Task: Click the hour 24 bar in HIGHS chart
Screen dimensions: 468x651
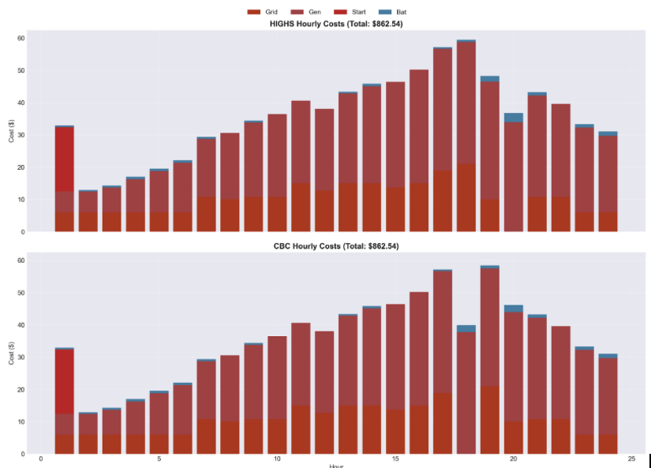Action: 608,182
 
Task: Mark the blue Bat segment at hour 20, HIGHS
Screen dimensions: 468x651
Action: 514,118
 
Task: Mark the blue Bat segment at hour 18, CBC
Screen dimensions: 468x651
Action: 466,328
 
